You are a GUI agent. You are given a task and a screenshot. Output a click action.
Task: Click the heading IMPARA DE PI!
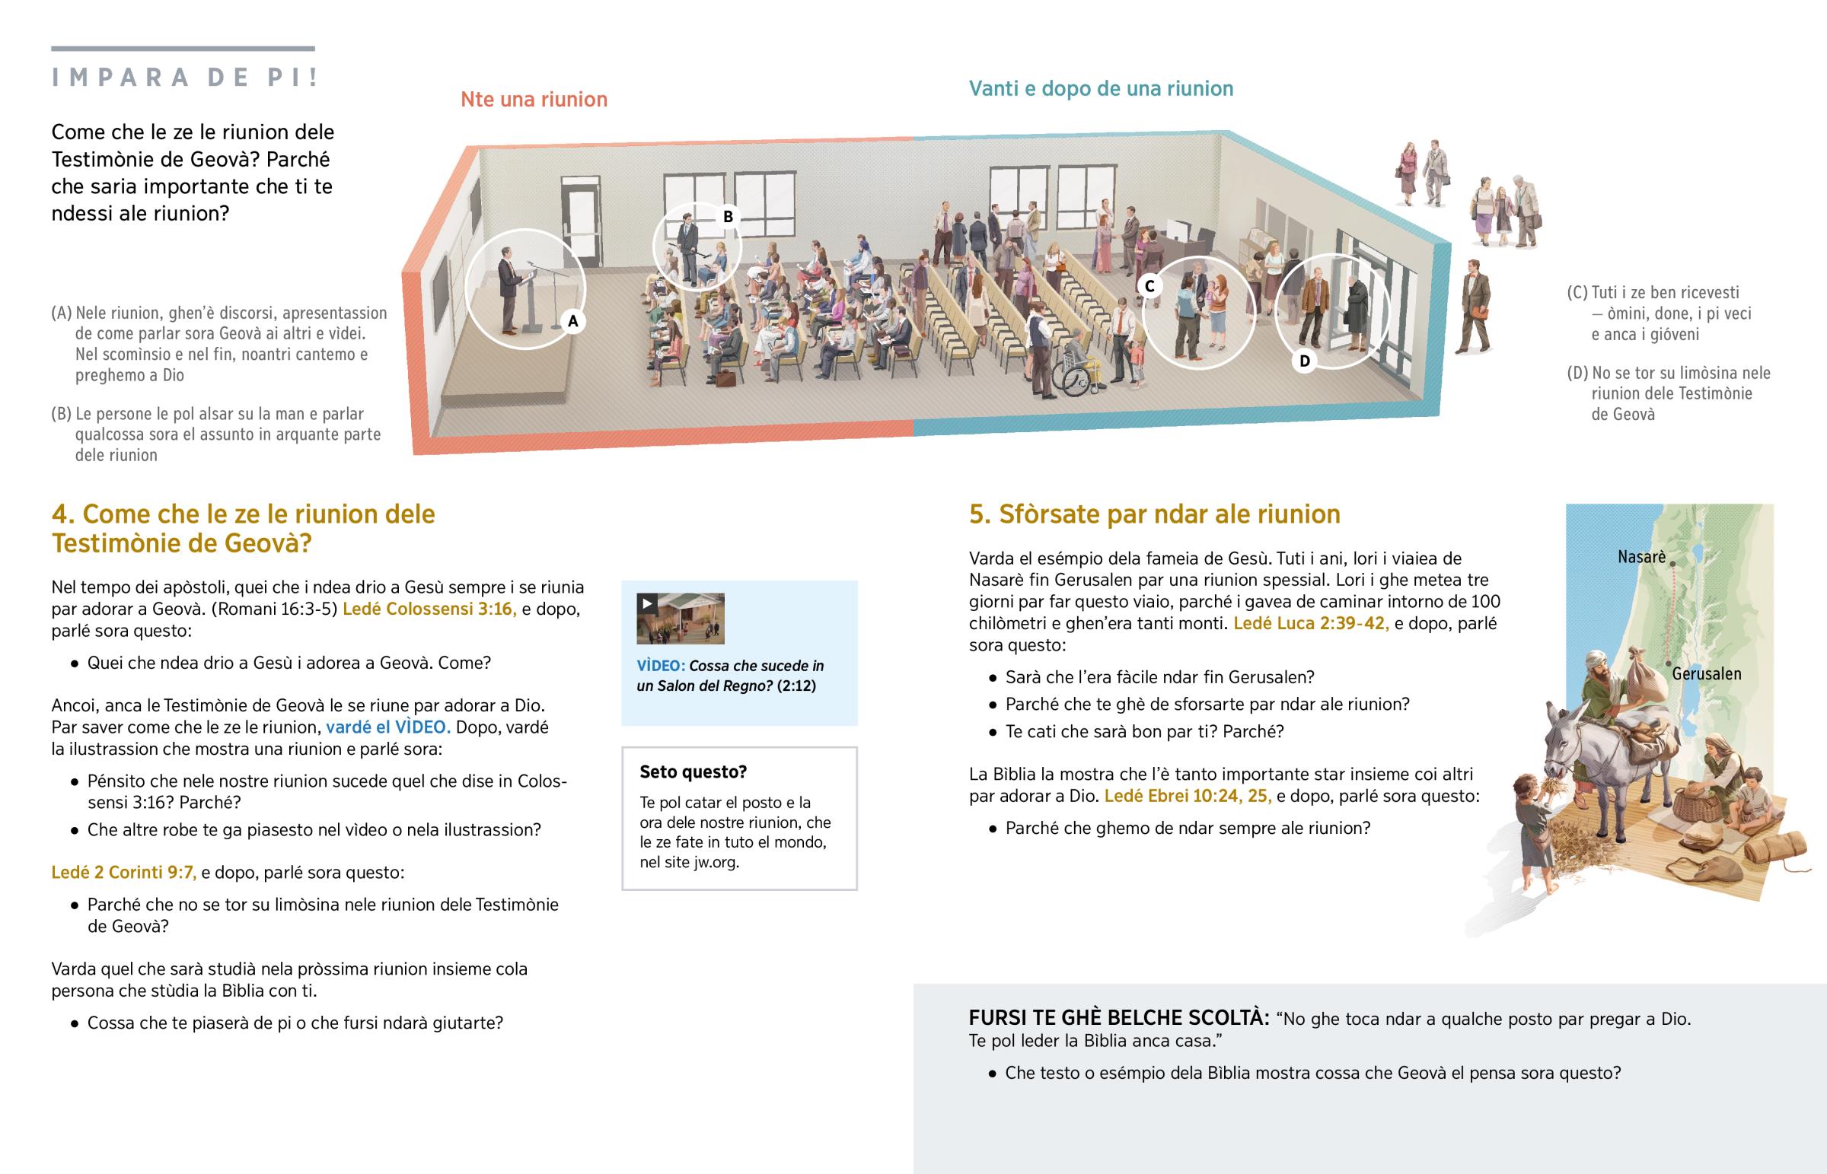(x=185, y=77)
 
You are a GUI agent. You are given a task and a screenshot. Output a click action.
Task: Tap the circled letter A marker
(x=573, y=321)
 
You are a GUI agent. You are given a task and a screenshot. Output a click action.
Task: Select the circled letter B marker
(x=729, y=217)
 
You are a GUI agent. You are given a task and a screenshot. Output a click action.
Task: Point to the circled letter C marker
(x=1150, y=286)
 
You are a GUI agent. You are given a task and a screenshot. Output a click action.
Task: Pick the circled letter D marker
(x=1305, y=361)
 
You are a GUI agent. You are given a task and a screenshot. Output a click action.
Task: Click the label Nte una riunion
(x=534, y=99)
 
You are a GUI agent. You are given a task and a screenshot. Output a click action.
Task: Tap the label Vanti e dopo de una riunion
(x=1101, y=88)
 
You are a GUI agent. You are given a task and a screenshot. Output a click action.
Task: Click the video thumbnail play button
(x=647, y=604)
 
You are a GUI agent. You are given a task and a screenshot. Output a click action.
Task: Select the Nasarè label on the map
(x=1642, y=556)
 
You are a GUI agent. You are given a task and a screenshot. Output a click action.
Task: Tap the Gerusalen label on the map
(x=1707, y=673)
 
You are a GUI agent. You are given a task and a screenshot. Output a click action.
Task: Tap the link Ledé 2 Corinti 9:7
(x=123, y=872)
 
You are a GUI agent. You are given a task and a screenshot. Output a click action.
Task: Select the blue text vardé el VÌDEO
(x=388, y=727)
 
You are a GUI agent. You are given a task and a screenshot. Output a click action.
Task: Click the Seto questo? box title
(x=693, y=772)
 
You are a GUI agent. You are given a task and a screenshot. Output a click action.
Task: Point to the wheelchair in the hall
(x=1075, y=374)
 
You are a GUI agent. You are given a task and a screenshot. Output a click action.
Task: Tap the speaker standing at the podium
(x=509, y=293)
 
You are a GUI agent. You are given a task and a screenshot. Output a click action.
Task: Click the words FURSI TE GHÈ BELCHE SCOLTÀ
(x=1118, y=1018)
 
